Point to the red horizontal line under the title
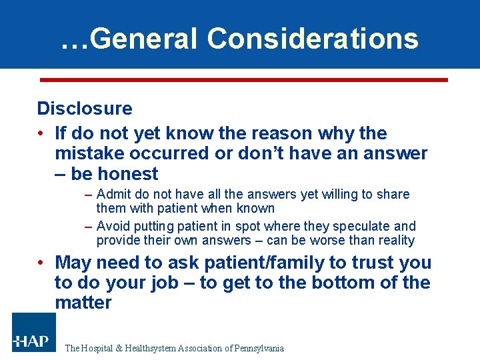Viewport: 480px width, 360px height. (243, 79)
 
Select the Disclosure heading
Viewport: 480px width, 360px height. (85, 108)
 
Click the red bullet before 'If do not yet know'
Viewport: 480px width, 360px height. (41, 133)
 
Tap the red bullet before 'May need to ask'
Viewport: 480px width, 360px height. (41, 263)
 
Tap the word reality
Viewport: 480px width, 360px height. (393, 240)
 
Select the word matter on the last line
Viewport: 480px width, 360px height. (83, 303)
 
